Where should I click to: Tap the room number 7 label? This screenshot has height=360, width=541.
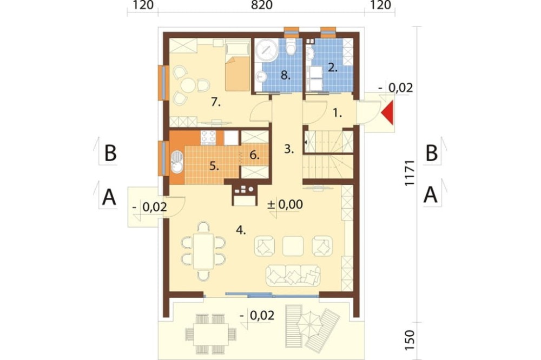coord(216,102)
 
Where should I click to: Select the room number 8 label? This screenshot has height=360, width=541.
coord(285,75)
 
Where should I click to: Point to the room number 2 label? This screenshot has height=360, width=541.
coord(332,67)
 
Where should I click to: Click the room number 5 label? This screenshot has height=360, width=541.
coord(214,166)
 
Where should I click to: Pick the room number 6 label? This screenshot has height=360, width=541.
coord(255,156)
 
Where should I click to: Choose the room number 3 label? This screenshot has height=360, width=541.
coord(289,149)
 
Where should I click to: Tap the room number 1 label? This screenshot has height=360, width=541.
coord(338,113)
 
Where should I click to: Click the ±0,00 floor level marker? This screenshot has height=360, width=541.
coord(285,204)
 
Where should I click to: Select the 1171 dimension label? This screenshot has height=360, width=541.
coord(410,173)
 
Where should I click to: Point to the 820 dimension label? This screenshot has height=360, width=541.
coord(262,5)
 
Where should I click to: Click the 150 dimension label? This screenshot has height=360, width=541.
coord(410,340)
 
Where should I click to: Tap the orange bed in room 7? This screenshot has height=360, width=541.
coord(237,74)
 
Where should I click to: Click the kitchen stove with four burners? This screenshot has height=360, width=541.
coord(208,137)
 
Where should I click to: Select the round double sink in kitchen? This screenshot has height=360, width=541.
coord(177,162)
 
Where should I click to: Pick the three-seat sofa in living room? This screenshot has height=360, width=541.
coord(293,275)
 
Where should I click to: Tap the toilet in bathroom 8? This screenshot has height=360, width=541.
coord(292,48)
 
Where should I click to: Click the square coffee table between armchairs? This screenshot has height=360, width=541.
coord(293,246)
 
